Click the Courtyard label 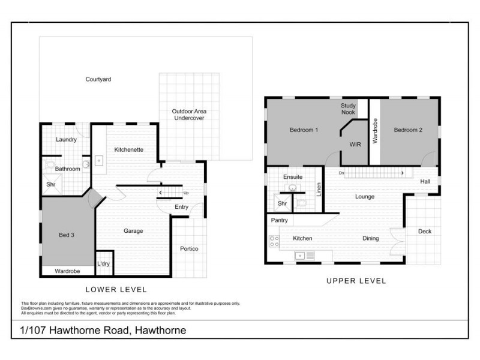click(x=98, y=79)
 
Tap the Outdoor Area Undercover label click(x=188, y=115)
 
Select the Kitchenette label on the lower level click(x=128, y=149)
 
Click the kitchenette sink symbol click(x=99, y=161)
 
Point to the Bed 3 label click(x=67, y=235)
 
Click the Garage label click(x=133, y=231)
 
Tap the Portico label click(x=189, y=248)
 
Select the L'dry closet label click(x=103, y=263)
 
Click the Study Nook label click(x=348, y=109)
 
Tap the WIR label click(x=355, y=144)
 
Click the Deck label click(x=424, y=231)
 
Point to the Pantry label click(x=280, y=221)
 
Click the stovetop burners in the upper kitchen click(x=274, y=241)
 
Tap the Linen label click(x=319, y=189)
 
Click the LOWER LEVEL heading click(x=116, y=290)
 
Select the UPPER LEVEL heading click(x=356, y=281)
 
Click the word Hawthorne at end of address click(x=160, y=330)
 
